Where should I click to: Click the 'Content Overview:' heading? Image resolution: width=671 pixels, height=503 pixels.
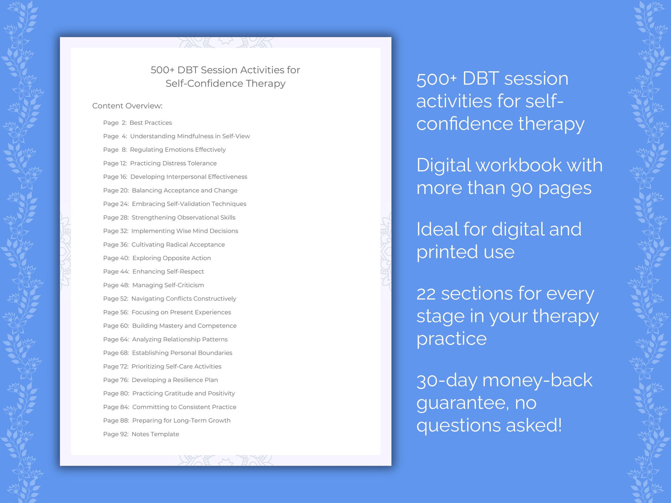pos(127,106)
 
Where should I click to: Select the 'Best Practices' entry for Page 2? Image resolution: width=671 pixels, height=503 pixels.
pos(150,123)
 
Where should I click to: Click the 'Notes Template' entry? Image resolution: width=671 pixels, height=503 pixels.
pos(155,434)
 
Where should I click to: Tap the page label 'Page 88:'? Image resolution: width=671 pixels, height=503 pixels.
pos(116,421)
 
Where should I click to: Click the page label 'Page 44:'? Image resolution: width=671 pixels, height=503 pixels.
pos(116,271)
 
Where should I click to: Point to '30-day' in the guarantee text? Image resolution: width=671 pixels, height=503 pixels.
pos(446,381)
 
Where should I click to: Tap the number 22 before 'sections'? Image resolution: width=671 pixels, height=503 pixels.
pos(426,294)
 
